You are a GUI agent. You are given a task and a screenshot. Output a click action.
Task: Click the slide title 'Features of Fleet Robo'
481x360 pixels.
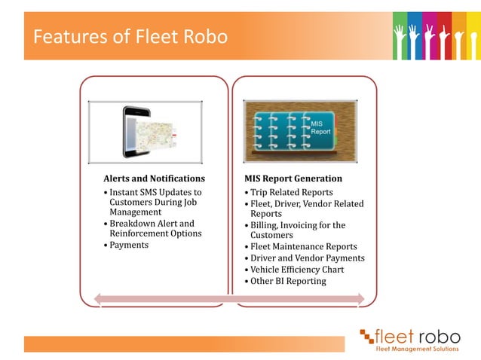[x=130, y=36]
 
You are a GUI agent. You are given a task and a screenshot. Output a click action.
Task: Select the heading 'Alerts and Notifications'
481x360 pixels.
[x=154, y=178]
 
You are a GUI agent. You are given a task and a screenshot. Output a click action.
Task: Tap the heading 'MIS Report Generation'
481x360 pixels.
[x=293, y=178]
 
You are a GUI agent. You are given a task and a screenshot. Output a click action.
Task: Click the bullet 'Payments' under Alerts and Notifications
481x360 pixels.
[x=129, y=245]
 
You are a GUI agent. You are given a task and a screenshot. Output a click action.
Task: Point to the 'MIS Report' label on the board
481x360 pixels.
[x=321, y=127]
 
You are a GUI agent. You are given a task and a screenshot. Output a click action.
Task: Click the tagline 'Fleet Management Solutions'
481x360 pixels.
[x=418, y=348]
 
